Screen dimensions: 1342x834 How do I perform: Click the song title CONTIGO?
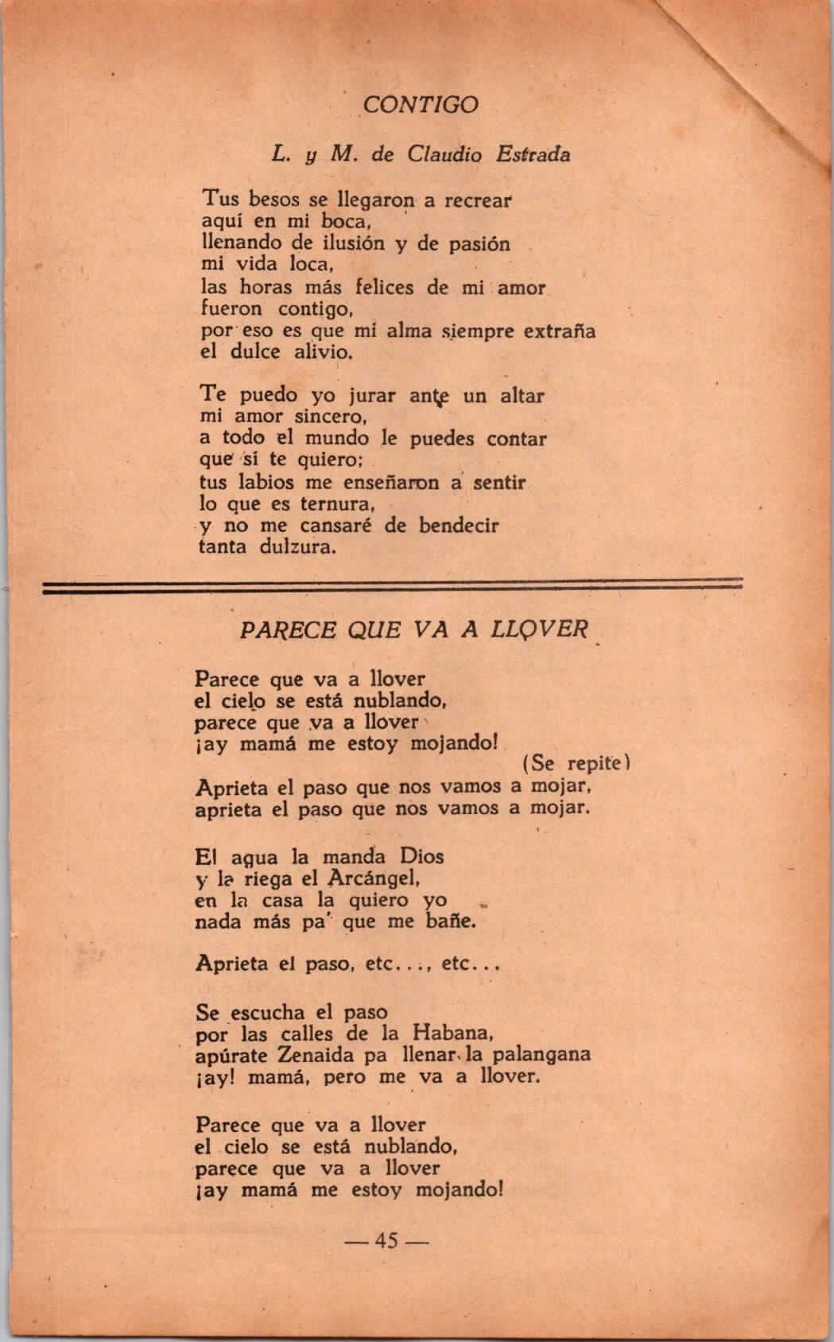(421, 105)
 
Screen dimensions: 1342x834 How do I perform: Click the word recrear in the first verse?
(479, 200)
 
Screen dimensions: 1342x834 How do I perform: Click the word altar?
(522, 394)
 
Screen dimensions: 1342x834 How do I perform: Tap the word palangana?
(541, 1056)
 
